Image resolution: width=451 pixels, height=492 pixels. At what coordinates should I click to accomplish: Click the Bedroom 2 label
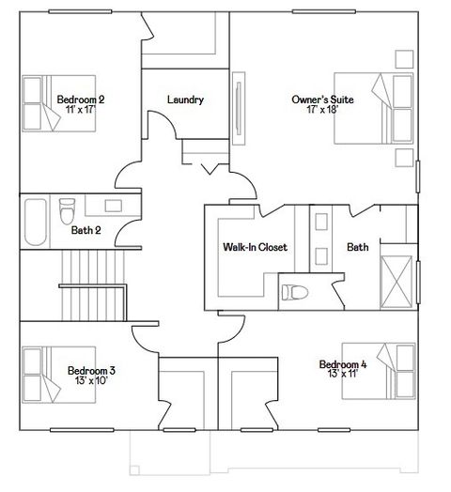80,99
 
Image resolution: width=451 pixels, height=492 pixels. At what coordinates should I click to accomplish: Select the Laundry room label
185,100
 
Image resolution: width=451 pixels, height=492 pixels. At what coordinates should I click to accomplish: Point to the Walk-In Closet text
254,248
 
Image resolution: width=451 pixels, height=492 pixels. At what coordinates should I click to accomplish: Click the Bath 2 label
86,229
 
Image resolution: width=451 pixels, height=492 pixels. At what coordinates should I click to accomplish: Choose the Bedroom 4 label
342,364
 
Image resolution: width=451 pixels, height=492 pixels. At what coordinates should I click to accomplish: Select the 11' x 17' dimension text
82,110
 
